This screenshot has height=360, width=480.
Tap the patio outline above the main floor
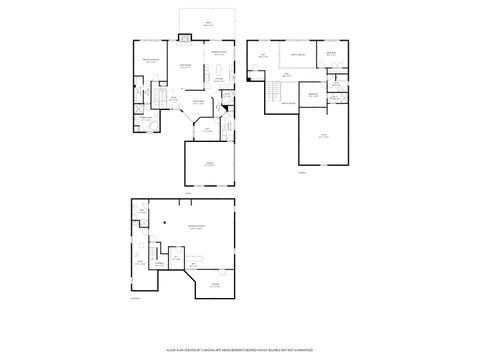tap(207, 21)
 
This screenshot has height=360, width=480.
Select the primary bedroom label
tap(150, 61)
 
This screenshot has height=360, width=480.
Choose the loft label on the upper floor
tap(262, 56)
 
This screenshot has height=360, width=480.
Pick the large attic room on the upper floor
tap(323, 135)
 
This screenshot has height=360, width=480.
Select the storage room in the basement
tap(214, 285)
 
